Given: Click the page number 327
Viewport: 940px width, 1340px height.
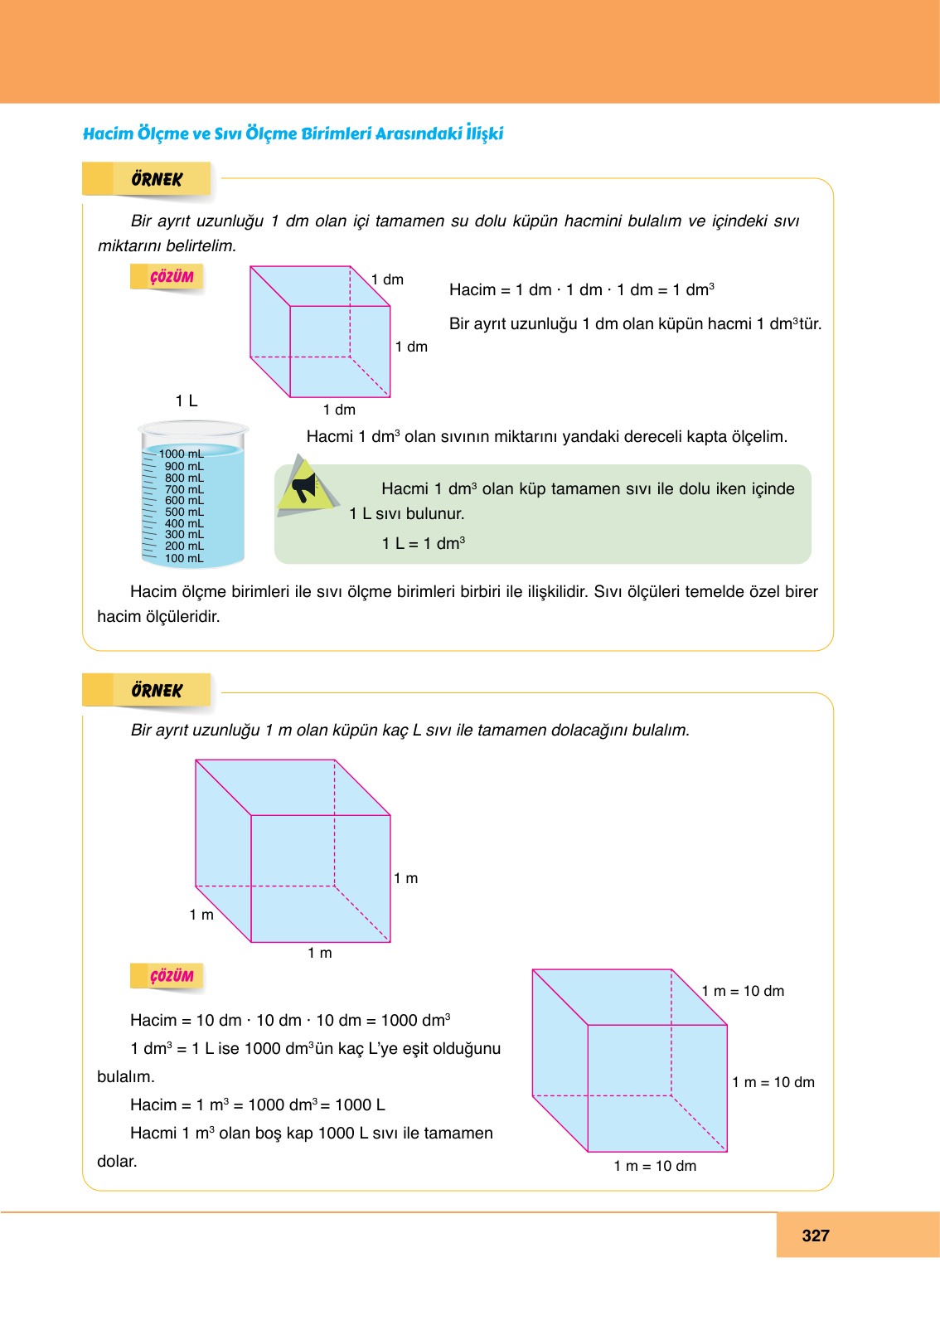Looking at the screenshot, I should [816, 1236].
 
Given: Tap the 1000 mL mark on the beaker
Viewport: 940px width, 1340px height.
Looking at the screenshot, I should [181, 454].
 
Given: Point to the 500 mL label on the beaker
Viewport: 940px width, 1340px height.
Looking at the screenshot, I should [184, 512].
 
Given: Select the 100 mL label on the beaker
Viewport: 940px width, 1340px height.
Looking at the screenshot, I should [184, 558].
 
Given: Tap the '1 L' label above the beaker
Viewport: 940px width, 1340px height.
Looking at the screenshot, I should [187, 401].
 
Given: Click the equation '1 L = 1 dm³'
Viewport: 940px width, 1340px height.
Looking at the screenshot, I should [423, 543].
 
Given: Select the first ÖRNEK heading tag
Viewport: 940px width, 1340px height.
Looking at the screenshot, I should [156, 179].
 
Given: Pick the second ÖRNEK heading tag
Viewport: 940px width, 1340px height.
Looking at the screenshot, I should [156, 691].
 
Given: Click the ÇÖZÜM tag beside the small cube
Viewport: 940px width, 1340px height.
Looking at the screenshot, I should [171, 277].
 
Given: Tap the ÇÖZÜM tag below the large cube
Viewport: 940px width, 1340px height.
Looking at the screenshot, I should [171, 976].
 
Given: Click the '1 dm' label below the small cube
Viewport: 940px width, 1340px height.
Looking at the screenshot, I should [339, 410].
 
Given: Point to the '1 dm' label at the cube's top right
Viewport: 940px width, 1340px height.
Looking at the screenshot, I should [387, 279].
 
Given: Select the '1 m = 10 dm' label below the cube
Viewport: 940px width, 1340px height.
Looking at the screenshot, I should [655, 1166].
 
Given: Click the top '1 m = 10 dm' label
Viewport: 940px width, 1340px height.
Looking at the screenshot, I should [743, 991].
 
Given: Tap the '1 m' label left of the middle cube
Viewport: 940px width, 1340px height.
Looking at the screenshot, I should [201, 915].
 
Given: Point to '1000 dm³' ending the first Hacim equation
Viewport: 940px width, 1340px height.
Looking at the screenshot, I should [415, 1020].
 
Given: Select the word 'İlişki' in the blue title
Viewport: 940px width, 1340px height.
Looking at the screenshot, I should [484, 134].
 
